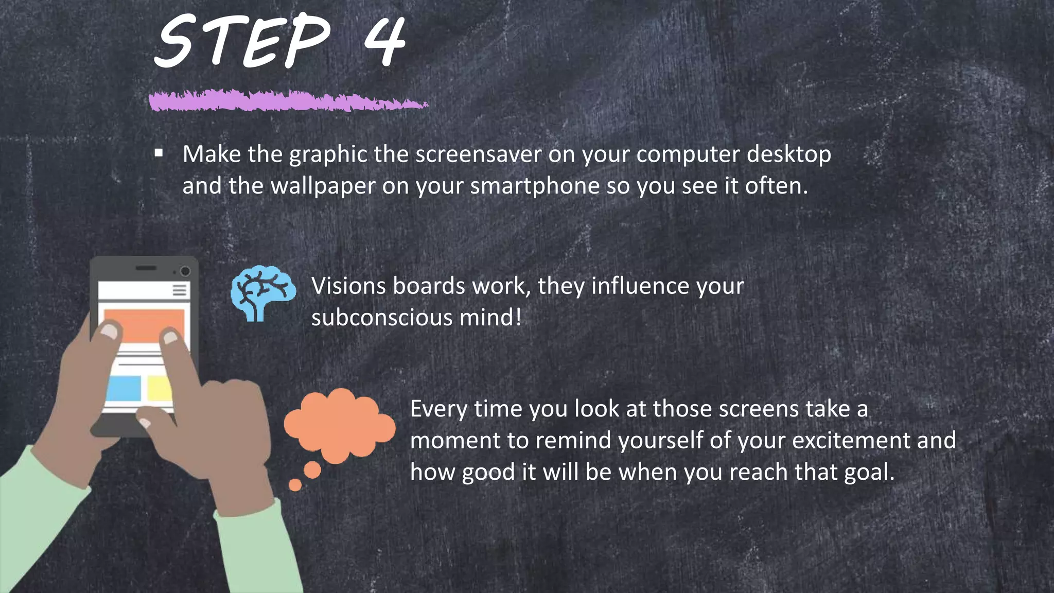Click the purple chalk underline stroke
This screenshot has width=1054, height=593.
(x=288, y=100)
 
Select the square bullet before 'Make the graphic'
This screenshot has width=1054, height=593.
(x=159, y=152)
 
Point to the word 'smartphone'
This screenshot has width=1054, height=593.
(x=535, y=186)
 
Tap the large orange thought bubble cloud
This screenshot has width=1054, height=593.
(x=340, y=425)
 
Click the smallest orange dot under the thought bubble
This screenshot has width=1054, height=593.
(x=295, y=485)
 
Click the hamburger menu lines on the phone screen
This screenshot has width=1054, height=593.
(x=180, y=290)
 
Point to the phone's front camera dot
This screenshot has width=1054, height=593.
(x=185, y=271)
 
